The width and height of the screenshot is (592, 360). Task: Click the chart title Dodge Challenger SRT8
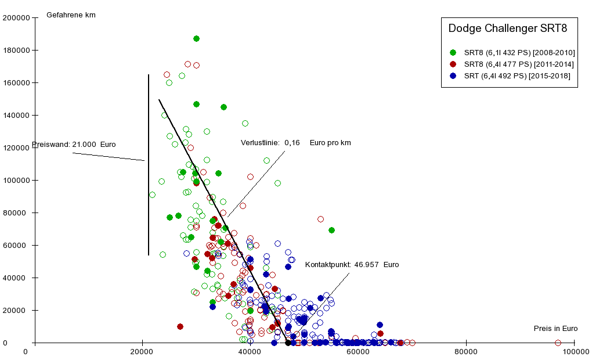(508, 28)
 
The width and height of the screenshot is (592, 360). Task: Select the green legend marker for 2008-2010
(453, 53)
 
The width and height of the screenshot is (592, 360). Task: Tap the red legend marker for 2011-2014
(453, 64)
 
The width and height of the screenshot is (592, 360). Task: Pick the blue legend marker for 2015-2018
(453, 76)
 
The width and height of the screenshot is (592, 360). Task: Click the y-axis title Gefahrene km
(71, 15)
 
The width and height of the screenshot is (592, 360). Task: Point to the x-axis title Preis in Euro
(555, 329)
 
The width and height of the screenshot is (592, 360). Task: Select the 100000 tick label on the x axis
(574, 351)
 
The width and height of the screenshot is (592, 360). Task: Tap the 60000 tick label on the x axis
(358, 351)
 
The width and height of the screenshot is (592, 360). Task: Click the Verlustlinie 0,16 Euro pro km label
(296, 143)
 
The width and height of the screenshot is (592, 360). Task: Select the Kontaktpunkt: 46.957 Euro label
(352, 265)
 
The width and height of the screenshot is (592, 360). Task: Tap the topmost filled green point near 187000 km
(196, 39)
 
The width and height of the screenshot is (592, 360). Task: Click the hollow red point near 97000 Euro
(558, 343)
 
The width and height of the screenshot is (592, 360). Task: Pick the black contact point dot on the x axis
(288, 343)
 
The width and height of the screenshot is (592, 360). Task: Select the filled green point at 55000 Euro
(331, 231)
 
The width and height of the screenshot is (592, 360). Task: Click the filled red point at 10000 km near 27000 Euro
(180, 327)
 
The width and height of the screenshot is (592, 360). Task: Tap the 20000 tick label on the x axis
(142, 351)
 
